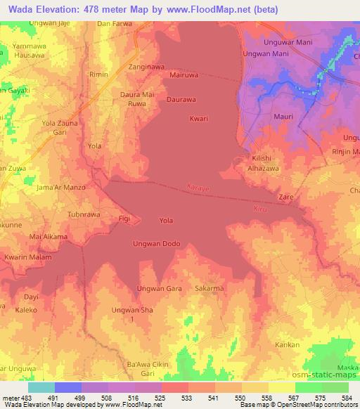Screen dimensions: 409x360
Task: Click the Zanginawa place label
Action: (x=146, y=67)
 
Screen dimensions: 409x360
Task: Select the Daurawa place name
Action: (x=181, y=100)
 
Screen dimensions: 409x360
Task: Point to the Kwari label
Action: (x=199, y=119)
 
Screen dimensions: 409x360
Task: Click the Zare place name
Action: (x=286, y=198)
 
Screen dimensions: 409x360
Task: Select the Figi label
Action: (x=124, y=219)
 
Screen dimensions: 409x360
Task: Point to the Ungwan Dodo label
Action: (x=157, y=244)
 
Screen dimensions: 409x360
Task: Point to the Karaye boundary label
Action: (x=199, y=188)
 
